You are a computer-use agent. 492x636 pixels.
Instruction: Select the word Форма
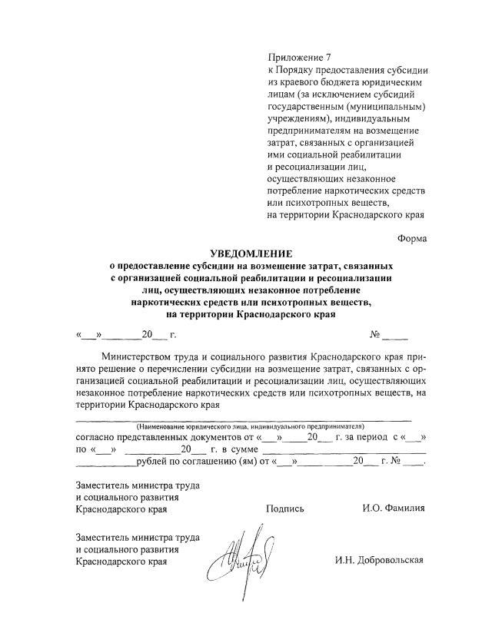412,238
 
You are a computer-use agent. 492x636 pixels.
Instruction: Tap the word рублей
151,462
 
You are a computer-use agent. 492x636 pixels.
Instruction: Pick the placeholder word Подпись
285,508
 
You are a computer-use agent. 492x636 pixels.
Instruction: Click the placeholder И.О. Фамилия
394,508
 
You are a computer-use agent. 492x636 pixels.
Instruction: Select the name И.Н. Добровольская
379,560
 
